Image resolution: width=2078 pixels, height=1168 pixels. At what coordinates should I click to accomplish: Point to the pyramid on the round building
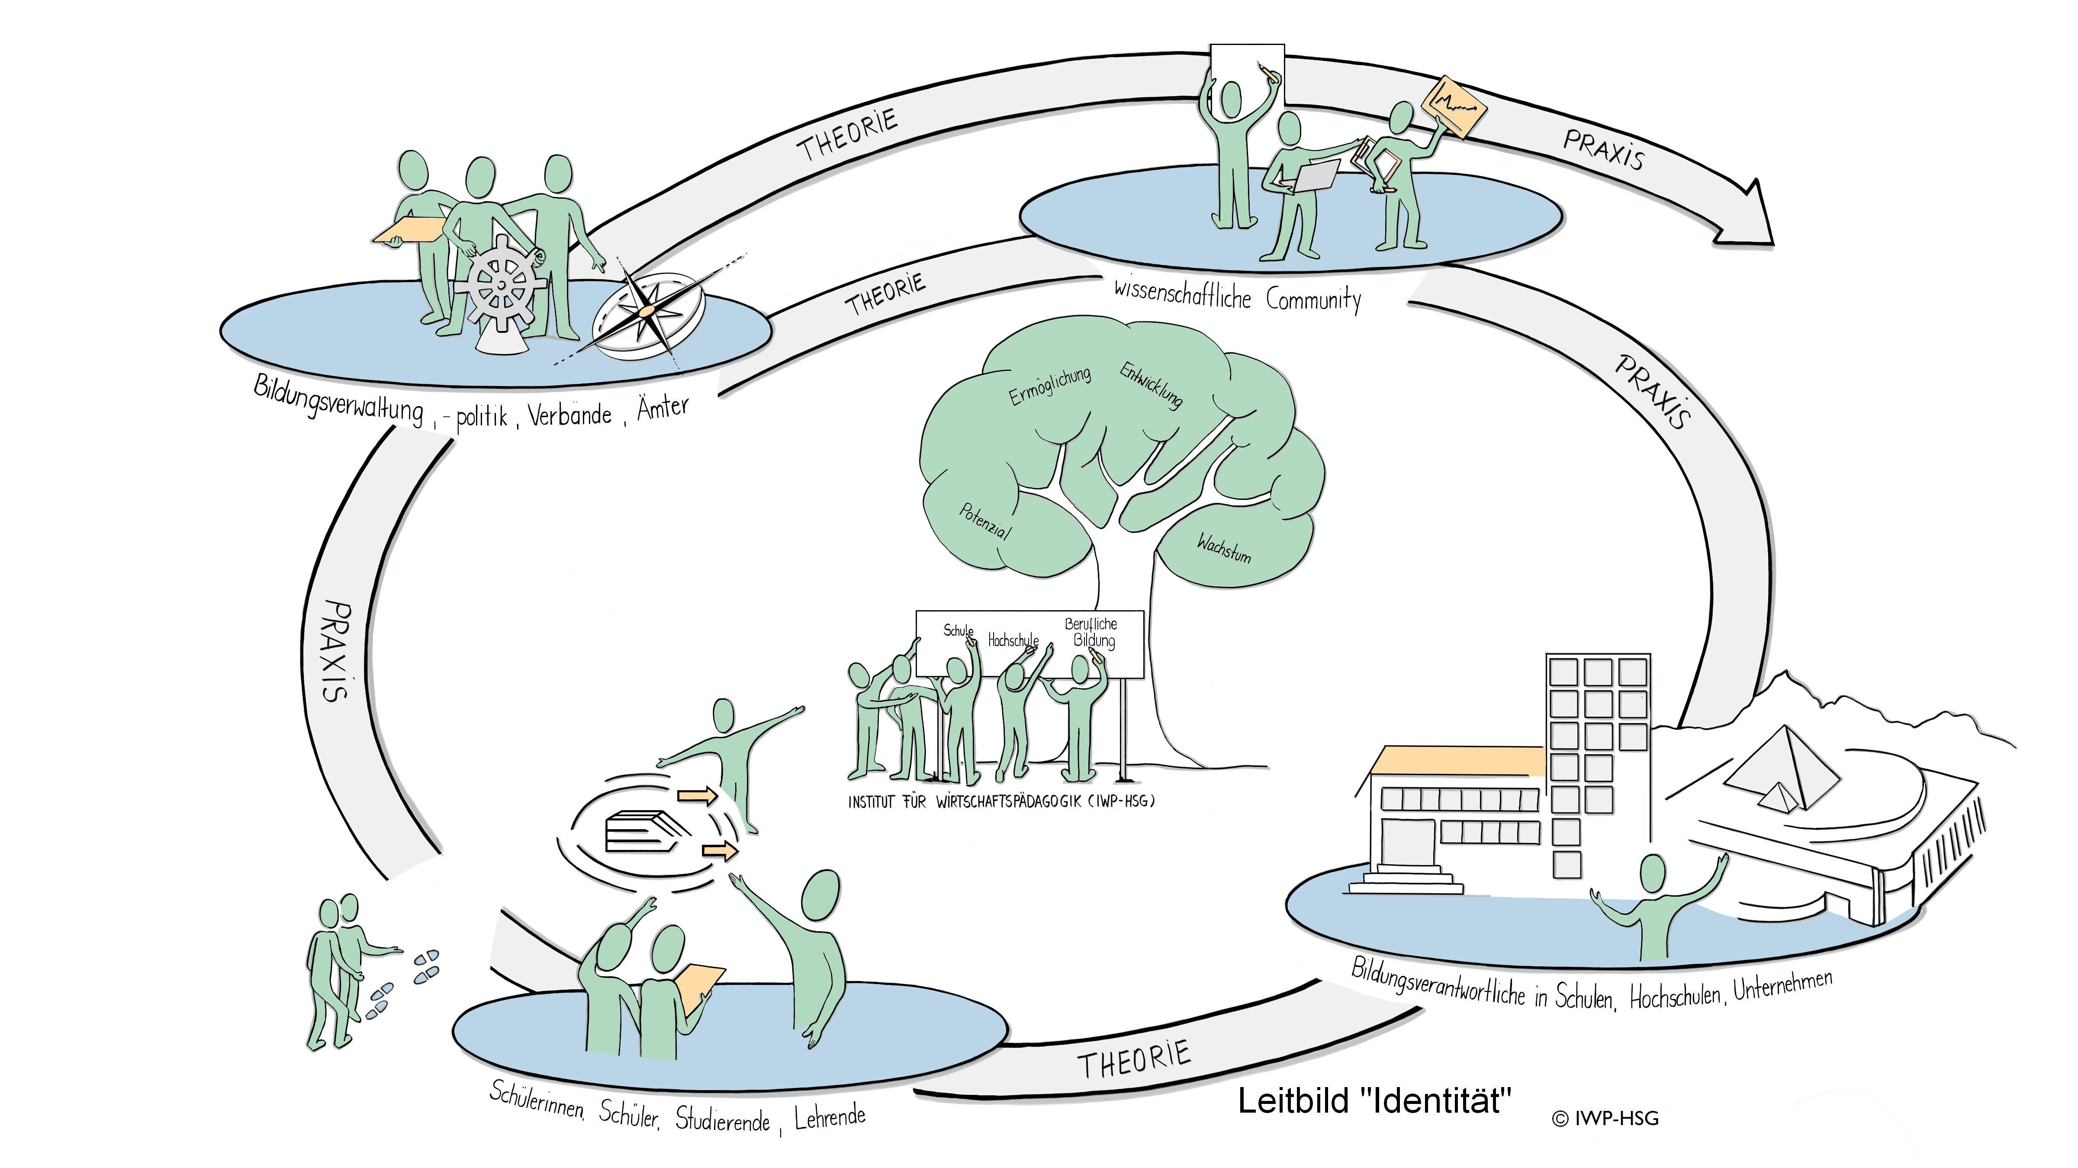[x=1783, y=766]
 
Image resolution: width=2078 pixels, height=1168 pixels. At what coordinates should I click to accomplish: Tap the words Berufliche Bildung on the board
[x=1091, y=632]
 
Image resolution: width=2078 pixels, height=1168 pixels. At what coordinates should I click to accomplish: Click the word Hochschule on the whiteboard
[x=1013, y=640]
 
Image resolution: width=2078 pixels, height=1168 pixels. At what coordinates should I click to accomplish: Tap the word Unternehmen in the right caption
[x=1784, y=986]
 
